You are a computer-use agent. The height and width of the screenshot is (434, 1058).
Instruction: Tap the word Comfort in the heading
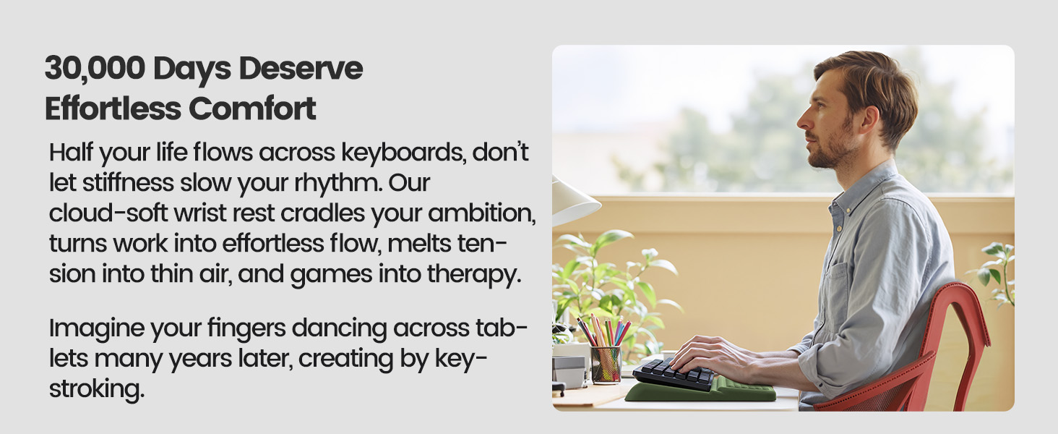click(x=252, y=109)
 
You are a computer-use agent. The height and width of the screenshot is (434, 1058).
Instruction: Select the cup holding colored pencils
click(x=606, y=364)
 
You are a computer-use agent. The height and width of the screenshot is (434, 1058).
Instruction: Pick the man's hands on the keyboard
click(x=705, y=354)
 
